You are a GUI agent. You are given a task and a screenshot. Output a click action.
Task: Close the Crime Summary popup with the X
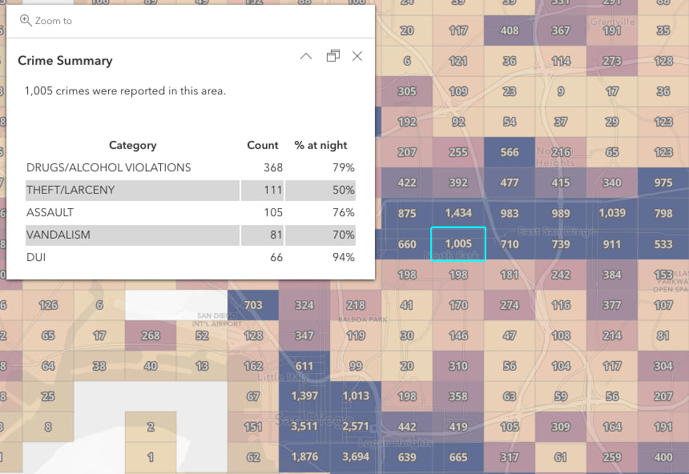point(357,56)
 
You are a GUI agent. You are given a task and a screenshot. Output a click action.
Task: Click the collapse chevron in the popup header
point(305,56)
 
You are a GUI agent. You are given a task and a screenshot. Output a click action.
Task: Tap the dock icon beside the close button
point(333,56)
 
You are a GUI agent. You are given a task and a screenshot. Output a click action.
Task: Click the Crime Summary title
point(65,61)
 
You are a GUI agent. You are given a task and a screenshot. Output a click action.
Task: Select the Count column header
point(263,145)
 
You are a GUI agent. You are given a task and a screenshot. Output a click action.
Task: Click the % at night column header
point(321,145)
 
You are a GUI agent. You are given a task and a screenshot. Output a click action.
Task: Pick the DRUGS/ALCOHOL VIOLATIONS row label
point(109,167)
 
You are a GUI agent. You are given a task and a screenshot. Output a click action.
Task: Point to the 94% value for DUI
point(344,257)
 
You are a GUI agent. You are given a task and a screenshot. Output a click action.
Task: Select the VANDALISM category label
point(58,235)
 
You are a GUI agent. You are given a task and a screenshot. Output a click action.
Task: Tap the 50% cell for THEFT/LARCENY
point(344,190)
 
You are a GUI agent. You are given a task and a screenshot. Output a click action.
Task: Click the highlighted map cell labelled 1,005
point(458,244)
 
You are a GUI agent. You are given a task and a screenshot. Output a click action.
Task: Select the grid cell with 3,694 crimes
point(356,457)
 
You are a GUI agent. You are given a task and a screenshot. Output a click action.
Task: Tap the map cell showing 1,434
point(458,213)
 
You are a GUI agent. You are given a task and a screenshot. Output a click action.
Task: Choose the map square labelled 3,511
point(304,427)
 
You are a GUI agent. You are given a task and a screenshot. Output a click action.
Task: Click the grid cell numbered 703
point(253,305)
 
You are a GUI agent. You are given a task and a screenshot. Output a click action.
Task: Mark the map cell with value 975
point(663,183)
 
